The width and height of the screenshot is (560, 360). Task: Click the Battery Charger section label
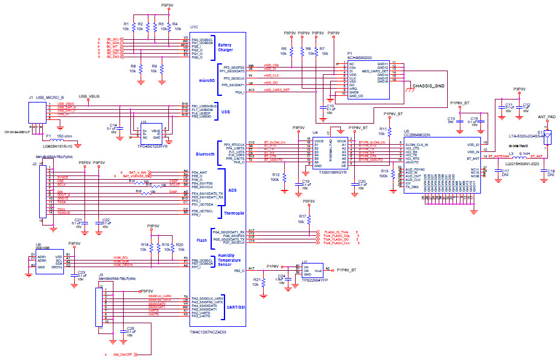(x=225, y=48)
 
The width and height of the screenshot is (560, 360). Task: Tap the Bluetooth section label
(x=206, y=154)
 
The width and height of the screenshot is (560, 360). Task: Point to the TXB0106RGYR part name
(x=316, y=172)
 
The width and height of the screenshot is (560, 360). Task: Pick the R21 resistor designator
(x=257, y=280)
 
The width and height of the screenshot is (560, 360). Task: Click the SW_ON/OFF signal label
(x=126, y=355)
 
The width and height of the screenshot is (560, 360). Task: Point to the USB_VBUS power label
(x=89, y=96)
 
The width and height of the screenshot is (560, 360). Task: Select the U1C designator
(x=194, y=27)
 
